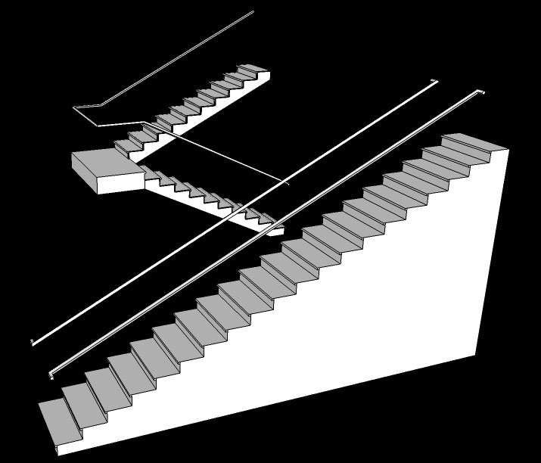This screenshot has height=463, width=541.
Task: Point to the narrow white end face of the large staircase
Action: [492, 250]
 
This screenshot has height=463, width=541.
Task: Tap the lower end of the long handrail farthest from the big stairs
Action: [33, 342]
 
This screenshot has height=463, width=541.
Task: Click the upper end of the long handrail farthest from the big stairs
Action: [432, 82]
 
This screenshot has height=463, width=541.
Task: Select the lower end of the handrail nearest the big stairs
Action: [51, 374]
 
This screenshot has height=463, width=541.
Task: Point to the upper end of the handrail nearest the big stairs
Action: [480, 92]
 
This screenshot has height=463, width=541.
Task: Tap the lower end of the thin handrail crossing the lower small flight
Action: [288, 183]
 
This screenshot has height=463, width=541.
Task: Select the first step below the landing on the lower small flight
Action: [151, 175]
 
